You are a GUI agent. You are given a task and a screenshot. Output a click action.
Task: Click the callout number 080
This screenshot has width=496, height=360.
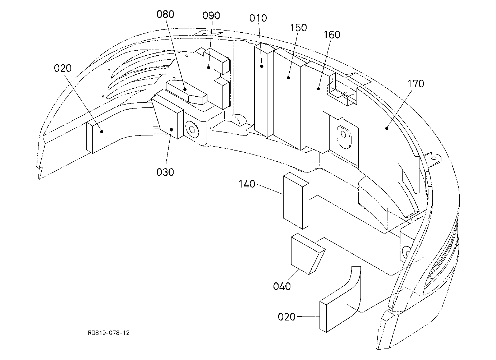pos(165,14)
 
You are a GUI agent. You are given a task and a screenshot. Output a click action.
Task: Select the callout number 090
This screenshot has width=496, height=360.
pos(211,16)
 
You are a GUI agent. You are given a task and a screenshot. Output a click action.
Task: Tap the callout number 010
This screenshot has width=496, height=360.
pos(258,18)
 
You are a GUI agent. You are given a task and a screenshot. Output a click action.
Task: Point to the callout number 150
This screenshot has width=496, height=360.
pos(298,28)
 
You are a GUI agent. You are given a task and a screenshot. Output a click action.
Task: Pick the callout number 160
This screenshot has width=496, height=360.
pos(332,35)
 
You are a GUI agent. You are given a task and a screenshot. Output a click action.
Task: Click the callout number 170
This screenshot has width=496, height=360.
pos(416,84)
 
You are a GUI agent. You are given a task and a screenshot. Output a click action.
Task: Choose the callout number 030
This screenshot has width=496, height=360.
pos(165,172)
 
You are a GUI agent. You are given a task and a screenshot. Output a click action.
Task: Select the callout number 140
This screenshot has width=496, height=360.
pos(247,184)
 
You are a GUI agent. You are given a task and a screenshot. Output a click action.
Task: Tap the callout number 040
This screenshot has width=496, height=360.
pos(282,287)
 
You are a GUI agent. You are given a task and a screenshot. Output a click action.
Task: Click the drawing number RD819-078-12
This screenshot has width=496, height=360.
pos(109,333)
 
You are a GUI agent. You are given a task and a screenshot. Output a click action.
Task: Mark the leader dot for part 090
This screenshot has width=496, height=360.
pos(208,67)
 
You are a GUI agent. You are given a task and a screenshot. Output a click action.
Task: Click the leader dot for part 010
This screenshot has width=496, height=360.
pos(262,66)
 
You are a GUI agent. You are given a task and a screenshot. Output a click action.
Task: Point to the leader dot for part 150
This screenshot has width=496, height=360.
pos(288,78)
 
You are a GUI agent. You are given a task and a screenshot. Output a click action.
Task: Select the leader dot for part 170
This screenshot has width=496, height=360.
pos(387,128)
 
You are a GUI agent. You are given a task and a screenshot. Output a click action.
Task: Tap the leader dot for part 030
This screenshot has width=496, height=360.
pos(171,129)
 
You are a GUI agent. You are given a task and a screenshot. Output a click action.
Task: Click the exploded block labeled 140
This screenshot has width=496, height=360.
pos(296,201)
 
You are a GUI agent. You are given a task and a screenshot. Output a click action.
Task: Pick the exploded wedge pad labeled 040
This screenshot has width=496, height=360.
pos(308,254)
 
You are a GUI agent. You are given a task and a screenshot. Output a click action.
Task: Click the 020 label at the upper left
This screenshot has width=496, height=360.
pos(63,68)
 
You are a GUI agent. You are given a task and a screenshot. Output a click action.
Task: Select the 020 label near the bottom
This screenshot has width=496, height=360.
pos(286,317)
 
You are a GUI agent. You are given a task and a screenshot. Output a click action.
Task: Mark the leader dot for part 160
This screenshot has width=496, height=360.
pos(318,89)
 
